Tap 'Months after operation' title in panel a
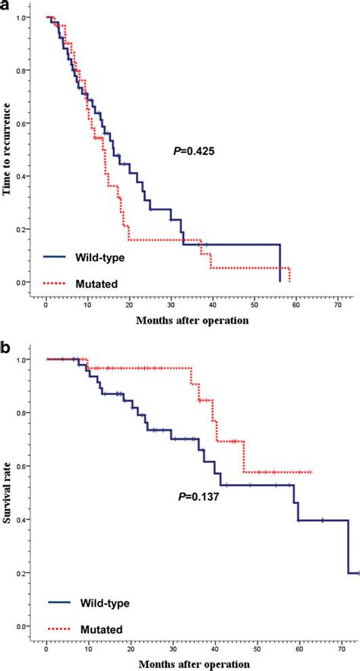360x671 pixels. tap(192, 320)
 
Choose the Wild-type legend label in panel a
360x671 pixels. tap(100, 258)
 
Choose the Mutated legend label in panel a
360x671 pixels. tap(96, 283)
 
